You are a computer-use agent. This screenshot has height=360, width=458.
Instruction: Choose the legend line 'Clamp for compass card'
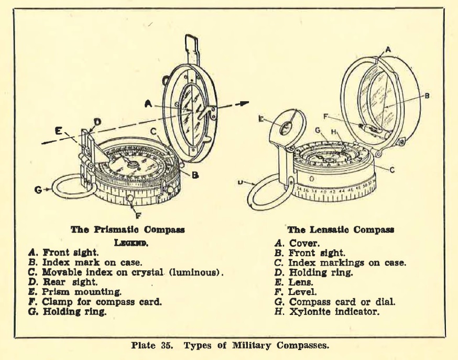point(95,301)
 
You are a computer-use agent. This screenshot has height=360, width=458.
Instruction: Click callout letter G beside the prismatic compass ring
point(38,189)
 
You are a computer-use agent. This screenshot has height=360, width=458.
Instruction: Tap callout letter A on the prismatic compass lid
point(149,104)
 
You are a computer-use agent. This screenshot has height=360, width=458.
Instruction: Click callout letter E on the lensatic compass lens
point(260,119)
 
